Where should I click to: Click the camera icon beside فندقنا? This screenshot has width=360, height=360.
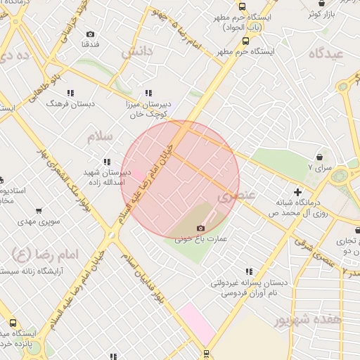pyautogui.click(x=90, y=34)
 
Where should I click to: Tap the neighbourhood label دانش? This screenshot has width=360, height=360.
pyautogui.click(x=136, y=51)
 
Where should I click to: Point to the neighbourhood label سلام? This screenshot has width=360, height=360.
pyautogui.click(x=101, y=136)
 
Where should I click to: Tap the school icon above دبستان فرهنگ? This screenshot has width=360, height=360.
pyautogui.click(x=70, y=93)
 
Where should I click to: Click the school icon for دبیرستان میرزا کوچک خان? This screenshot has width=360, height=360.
pyautogui.click(x=148, y=93)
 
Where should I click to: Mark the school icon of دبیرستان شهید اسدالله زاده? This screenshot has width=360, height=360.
pyautogui.click(x=107, y=162)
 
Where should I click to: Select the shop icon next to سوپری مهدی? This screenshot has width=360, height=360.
pyautogui.click(x=38, y=210)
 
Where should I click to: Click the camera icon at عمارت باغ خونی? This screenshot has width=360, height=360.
pyautogui.click(x=201, y=228)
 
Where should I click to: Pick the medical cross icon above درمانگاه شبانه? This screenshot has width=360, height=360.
pyautogui.click(x=298, y=192)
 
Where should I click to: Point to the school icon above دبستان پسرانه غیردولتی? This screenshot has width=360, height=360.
pyautogui.click(x=249, y=271)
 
